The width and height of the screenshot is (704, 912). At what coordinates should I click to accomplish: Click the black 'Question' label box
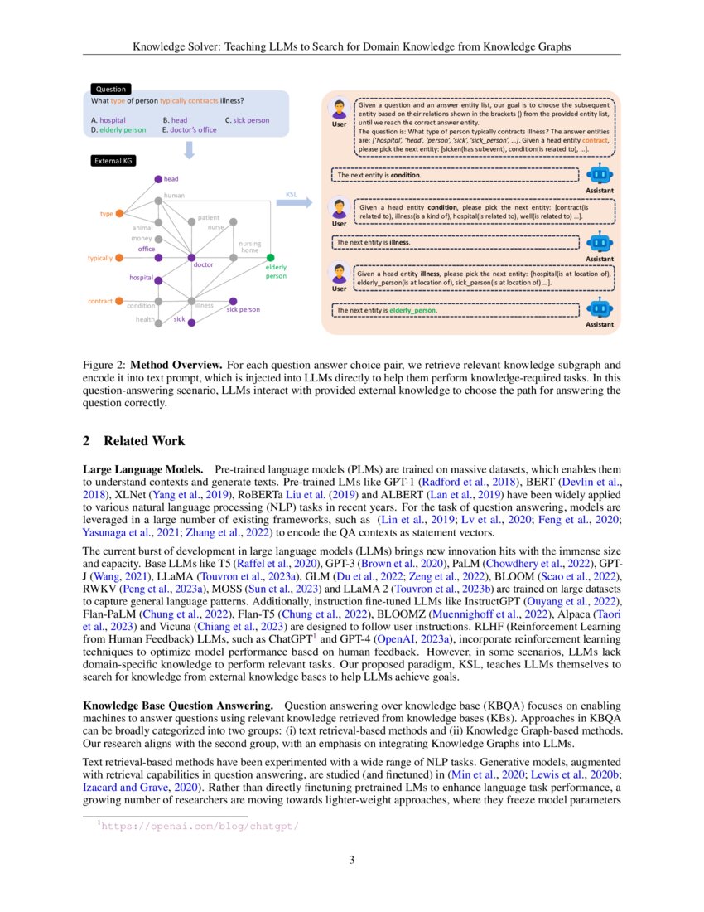[x=110, y=89]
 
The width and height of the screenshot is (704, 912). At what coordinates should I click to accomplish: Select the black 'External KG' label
[x=113, y=161]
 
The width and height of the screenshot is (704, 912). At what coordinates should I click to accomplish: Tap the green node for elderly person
[x=271, y=258]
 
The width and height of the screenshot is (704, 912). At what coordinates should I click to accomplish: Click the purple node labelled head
[x=158, y=178]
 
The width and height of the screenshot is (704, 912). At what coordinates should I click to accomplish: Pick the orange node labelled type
[x=119, y=214]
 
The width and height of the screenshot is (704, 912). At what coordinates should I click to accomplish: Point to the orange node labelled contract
[x=119, y=300]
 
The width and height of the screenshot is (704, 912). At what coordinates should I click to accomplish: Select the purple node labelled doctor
[x=191, y=258]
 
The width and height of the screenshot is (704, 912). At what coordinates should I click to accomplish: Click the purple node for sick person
[x=234, y=301]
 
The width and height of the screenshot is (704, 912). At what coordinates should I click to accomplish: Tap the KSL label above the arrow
[x=292, y=194]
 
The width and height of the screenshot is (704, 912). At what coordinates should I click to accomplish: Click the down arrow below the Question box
[x=189, y=148]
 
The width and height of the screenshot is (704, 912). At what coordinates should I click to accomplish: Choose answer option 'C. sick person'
[x=247, y=120]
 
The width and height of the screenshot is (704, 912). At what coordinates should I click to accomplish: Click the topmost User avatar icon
[x=339, y=110]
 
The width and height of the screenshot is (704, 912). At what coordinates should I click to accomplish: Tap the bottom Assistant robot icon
[x=599, y=309]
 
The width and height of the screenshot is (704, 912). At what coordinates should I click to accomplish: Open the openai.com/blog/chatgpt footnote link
[x=199, y=826]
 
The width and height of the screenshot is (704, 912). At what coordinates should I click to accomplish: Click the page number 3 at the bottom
[x=352, y=860]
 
